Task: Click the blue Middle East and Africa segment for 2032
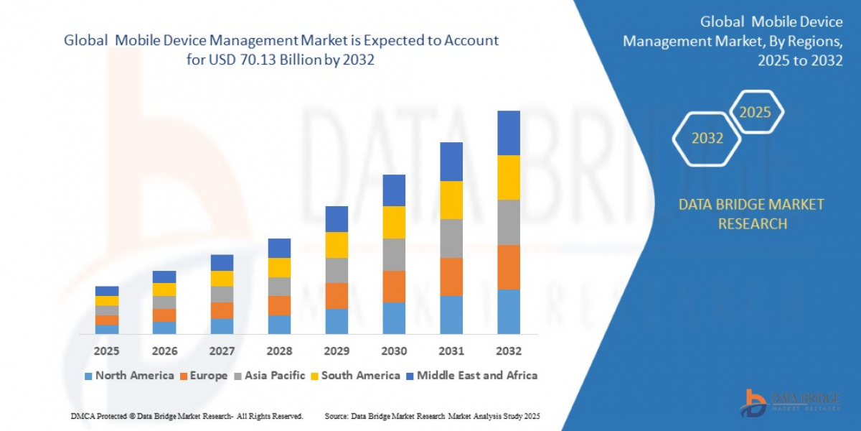point(508,133)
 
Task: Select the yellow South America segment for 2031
point(451,200)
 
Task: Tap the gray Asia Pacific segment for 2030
point(394,254)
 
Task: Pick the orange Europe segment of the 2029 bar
point(337,296)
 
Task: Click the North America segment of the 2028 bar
point(279,325)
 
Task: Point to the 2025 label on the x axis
point(107,351)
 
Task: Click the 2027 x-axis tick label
point(222,351)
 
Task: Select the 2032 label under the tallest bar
point(508,351)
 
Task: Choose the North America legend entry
point(128,375)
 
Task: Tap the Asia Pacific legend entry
point(269,375)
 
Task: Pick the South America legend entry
point(354,375)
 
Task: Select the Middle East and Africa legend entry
point(471,375)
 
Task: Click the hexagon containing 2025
point(755,112)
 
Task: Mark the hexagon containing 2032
point(707,138)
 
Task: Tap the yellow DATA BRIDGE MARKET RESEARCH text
point(751,214)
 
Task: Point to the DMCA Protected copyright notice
point(187,416)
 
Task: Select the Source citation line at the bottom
point(432,416)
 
